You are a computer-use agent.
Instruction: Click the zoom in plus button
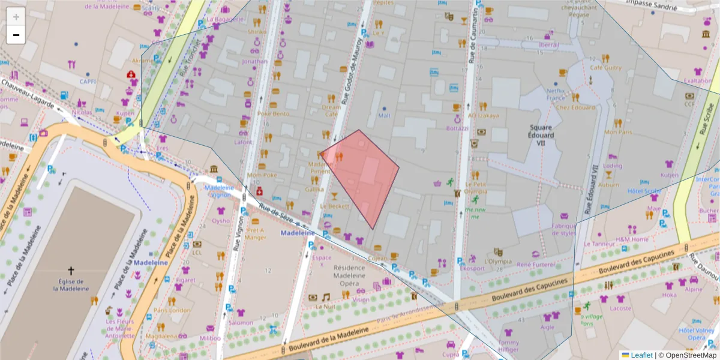(16, 16)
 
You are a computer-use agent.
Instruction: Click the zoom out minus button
(16, 35)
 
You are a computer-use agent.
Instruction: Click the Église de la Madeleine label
(71, 285)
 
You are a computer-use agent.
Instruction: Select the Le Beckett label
(334, 206)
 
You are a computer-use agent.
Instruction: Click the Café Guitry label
(605, 68)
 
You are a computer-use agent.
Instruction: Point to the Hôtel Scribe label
(644, 191)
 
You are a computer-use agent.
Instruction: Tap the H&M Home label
(631, 239)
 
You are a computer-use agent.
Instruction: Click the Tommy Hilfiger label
(508, 347)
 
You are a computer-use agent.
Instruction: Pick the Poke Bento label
(273, 113)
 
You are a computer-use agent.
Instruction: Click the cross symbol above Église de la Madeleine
(71, 271)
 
